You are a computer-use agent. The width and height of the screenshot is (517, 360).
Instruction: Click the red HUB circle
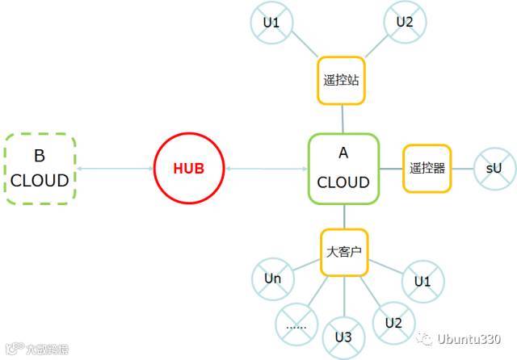(188, 169)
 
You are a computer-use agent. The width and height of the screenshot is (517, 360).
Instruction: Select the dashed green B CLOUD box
(40, 169)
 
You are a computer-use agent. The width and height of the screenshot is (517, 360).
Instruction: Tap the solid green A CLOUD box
(343, 169)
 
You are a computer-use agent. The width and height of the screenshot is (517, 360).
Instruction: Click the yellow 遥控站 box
(340, 81)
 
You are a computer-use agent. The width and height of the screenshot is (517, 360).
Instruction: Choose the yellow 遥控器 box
(427, 169)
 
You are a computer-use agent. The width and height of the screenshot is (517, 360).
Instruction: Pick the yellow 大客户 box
(343, 252)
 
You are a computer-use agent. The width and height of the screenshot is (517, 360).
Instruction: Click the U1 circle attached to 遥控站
(271, 23)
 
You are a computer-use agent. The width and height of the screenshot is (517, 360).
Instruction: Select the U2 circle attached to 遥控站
(405, 22)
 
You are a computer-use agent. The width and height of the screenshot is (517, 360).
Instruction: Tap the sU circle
(494, 169)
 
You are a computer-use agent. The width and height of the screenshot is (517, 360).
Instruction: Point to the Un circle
(273, 279)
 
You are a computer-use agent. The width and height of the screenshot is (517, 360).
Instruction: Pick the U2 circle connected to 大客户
(393, 322)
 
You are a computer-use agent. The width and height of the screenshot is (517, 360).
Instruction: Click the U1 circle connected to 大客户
(422, 282)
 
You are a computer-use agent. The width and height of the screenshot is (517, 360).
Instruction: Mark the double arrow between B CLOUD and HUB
(115, 169)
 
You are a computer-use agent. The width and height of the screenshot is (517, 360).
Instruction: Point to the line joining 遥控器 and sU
(463, 169)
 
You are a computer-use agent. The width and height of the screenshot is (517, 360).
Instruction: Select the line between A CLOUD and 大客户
(343, 216)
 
